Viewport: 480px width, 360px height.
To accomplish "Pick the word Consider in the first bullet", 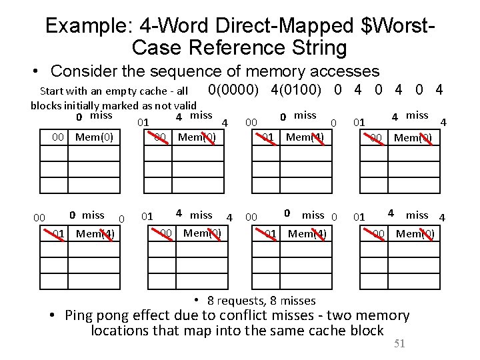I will pos(83,71).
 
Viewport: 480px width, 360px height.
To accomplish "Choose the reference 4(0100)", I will pos(299,90).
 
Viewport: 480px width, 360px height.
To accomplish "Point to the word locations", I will pos(119,331).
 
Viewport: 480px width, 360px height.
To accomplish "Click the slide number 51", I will pos(399,344).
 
